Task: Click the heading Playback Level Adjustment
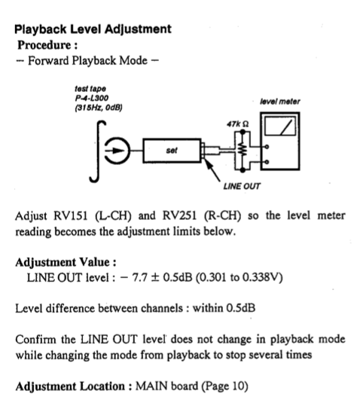[93, 29]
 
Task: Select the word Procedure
[44, 45]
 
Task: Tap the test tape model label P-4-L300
[92, 98]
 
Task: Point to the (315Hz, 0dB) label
[99, 108]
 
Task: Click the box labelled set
[172, 151]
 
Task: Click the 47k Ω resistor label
[238, 124]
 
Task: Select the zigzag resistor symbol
[243, 150]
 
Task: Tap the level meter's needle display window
[280, 126]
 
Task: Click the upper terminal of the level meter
[267, 147]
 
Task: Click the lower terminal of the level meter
[267, 162]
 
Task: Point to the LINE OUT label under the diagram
[242, 186]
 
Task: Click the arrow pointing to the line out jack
[212, 170]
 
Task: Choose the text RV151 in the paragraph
[71, 215]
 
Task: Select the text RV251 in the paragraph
[179, 215]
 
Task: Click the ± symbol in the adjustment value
[154, 277]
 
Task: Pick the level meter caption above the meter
[280, 102]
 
